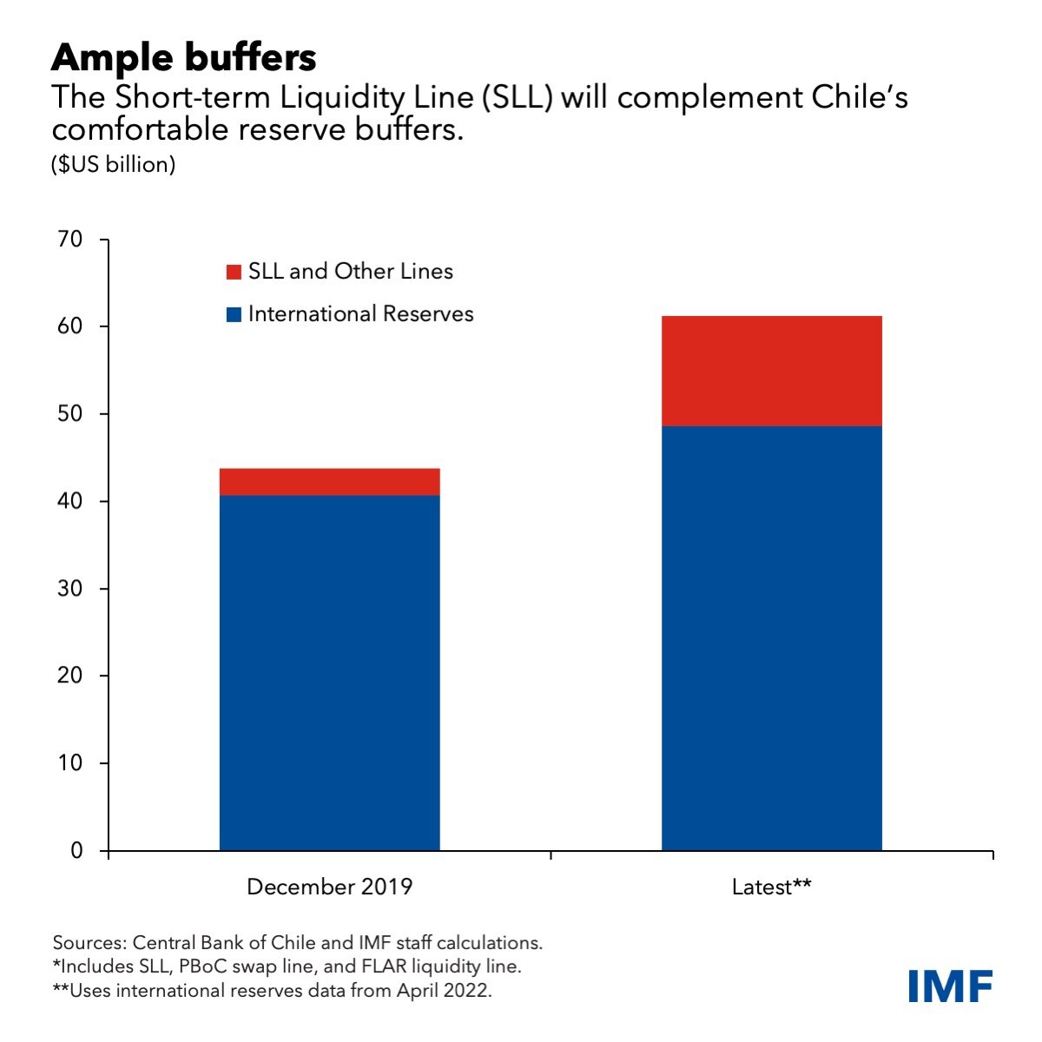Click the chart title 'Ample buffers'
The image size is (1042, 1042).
(183, 57)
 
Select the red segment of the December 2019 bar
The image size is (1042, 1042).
(329, 482)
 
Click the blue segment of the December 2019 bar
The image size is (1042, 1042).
(329, 673)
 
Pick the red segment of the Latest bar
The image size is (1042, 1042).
(771, 371)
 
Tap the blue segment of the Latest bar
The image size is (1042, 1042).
(771, 638)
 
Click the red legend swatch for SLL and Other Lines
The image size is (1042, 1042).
(234, 272)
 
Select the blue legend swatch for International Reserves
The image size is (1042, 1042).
(234, 314)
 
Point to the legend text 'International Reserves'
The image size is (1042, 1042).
(360, 314)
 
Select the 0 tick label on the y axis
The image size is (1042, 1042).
(77, 851)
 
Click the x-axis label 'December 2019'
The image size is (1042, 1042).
(329, 887)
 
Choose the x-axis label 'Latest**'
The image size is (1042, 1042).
(771, 887)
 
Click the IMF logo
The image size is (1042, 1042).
(951, 986)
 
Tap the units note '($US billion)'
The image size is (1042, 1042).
(114, 164)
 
